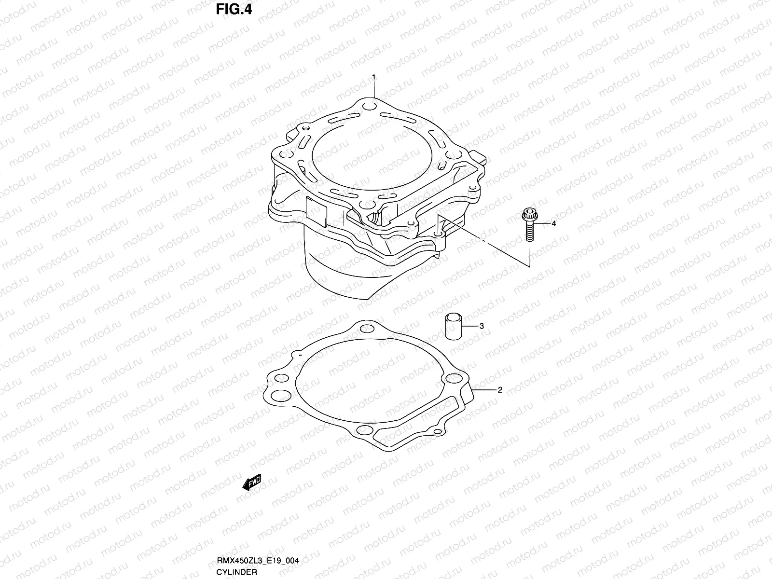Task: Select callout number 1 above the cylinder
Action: pos(373,77)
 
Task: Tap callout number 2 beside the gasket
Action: pos(500,390)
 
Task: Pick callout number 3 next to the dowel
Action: pos(482,326)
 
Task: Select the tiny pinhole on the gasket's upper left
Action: pos(300,356)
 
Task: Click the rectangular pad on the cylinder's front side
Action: pos(317,212)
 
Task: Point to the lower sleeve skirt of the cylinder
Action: pos(338,270)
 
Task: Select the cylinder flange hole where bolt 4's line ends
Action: pos(438,234)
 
